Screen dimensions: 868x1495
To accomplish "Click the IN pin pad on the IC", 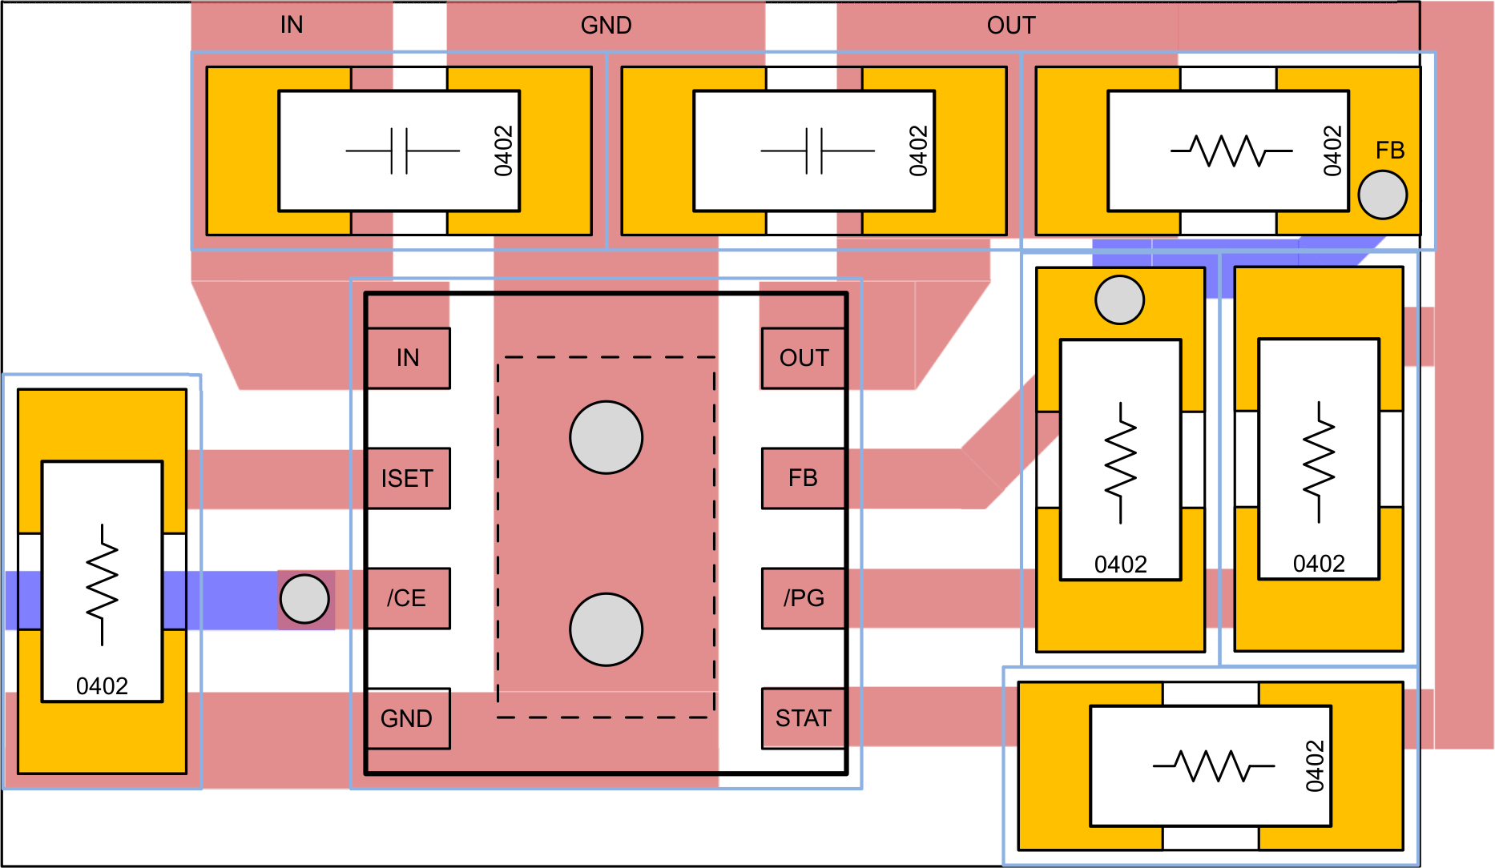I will (408, 358).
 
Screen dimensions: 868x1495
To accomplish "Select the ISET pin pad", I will (408, 478).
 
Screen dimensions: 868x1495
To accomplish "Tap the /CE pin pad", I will (408, 598).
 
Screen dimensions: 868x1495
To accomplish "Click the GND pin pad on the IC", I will (408, 718).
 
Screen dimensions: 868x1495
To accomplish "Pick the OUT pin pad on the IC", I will (804, 358).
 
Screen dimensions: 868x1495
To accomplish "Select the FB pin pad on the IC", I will (804, 478).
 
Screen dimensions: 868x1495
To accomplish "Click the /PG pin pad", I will (804, 598).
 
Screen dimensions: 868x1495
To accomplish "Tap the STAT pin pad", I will (804, 718).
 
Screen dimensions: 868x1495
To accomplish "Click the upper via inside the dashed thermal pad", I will (606, 437).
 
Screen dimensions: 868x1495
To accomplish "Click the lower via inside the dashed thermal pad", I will (606, 629).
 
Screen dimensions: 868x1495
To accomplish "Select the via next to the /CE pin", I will (304, 599).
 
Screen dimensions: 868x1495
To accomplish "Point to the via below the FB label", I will (1383, 195).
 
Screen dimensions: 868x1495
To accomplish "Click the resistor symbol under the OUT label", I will (1231, 151).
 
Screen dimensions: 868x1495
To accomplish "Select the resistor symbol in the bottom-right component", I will (1213, 766).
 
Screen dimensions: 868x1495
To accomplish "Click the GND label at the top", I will (606, 26).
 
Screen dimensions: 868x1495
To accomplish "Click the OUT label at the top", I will (1011, 26).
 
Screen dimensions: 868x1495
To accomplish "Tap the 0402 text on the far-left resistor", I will (102, 686).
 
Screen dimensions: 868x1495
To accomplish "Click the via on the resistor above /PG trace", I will (1119, 300).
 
